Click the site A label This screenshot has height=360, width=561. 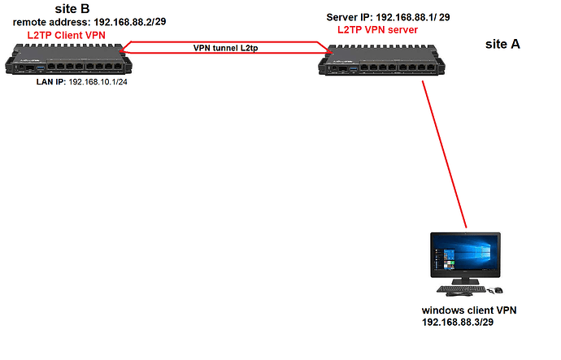502,45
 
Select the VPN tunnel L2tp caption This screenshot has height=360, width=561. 226,48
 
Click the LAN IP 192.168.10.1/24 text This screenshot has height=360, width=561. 84,82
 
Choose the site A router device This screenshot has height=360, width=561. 390,61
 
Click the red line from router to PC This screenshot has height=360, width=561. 445,154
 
